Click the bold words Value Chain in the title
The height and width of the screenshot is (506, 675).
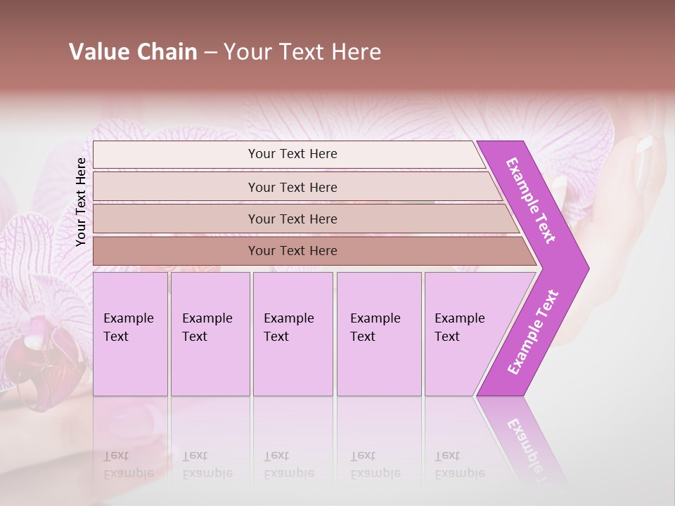coord(133,52)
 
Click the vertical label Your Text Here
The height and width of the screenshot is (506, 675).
coord(81,202)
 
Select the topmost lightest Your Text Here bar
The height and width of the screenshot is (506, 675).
coord(292,154)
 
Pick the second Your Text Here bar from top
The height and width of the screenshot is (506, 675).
coord(292,187)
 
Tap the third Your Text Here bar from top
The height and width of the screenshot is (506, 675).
coord(292,219)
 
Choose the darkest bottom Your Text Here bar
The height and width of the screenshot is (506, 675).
coord(292,251)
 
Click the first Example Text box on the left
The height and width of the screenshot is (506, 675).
coord(130,334)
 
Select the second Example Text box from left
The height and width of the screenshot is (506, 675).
coord(210,334)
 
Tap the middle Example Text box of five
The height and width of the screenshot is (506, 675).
coord(292,334)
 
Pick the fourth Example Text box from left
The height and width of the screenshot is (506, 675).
coord(378,334)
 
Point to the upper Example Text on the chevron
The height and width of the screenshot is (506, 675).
coord(531,200)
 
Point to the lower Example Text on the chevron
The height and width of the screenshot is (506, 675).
coord(533,332)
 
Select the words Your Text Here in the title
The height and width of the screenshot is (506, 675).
coord(302,52)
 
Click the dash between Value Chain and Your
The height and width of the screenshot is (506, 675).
coord(210,53)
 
